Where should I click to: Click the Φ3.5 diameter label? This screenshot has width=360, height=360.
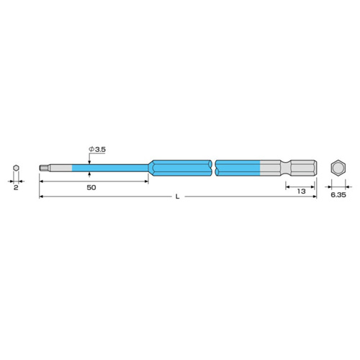click(x=97, y=149)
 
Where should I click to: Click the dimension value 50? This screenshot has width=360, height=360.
click(x=91, y=187)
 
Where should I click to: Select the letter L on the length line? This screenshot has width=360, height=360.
click(x=177, y=197)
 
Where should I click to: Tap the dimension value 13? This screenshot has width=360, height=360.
click(x=301, y=192)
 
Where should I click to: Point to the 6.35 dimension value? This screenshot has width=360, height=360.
click(x=338, y=195)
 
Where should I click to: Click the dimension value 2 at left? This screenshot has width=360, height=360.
click(x=16, y=187)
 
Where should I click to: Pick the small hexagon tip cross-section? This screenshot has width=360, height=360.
click(x=16, y=168)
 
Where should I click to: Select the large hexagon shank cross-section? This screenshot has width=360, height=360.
click(x=338, y=168)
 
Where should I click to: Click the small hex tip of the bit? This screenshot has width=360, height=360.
click(x=44, y=168)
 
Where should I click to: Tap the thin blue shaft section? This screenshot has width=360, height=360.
click(x=110, y=168)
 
